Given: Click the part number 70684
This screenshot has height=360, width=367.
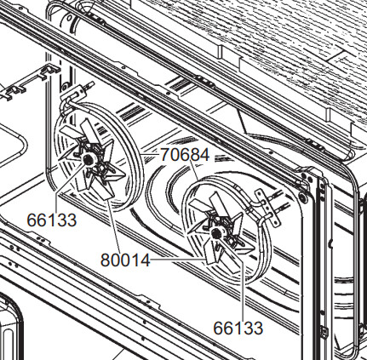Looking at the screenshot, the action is click(x=185, y=155).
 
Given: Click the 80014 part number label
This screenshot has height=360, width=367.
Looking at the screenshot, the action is click(x=125, y=260).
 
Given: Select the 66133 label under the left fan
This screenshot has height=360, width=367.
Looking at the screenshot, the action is click(x=52, y=220).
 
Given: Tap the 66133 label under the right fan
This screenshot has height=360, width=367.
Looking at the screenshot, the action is click(x=238, y=328).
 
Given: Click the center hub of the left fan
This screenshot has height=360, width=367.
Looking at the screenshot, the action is click(x=89, y=159).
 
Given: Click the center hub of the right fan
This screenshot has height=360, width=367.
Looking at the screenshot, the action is click(x=216, y=233).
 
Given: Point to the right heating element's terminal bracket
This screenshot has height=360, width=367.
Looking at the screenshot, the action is click(x=267, y=208).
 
